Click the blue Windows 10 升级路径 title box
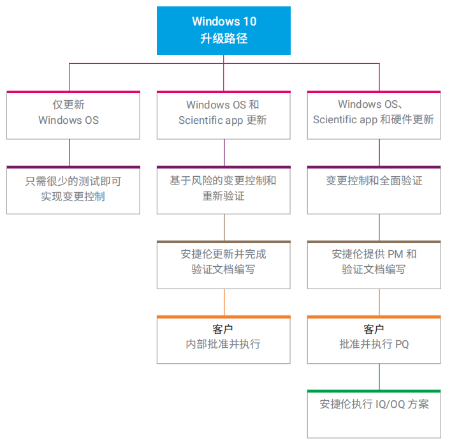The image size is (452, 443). (224, 30)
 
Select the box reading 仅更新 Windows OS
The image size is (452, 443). (73, 115)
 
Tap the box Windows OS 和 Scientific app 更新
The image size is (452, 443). (223, 115)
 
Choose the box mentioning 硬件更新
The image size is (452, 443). (374, 115)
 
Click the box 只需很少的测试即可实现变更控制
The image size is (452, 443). (73, 190)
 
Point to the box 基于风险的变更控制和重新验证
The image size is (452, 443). (223, 190)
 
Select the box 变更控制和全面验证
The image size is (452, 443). (374, 190)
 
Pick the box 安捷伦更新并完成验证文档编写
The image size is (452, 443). (223, 264)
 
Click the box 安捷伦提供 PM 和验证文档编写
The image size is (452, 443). (374, 264)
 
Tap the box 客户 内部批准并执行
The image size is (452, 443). (223, 339)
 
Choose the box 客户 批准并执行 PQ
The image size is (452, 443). (374, 339)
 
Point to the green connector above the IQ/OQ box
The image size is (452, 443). (380, 377)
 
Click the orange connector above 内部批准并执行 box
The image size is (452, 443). (224, 302)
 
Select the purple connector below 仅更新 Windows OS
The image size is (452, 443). (69, 153)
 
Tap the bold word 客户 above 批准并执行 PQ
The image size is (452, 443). (374, 329)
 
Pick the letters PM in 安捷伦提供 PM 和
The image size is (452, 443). (396, 254)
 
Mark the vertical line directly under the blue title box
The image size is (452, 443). (224, 59)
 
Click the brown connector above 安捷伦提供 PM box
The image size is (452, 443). (380, 227)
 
